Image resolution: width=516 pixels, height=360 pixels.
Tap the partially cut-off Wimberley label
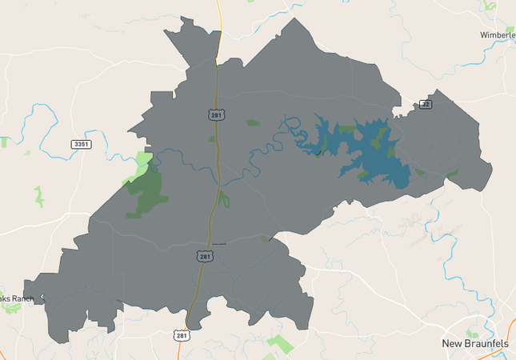(498, 35)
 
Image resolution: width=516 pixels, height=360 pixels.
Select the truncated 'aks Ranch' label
(17, 298)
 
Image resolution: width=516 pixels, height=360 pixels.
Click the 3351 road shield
(81, 144)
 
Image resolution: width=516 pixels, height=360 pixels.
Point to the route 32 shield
(426, 105)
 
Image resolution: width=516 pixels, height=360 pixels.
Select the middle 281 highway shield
(205, 256)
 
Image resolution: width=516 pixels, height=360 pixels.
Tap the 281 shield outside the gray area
(182, 335)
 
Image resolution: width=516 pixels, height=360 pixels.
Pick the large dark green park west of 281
(146, 192)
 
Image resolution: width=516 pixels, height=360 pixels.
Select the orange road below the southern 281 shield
(186, 352)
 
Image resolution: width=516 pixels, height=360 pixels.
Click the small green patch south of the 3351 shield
(38, 196)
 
